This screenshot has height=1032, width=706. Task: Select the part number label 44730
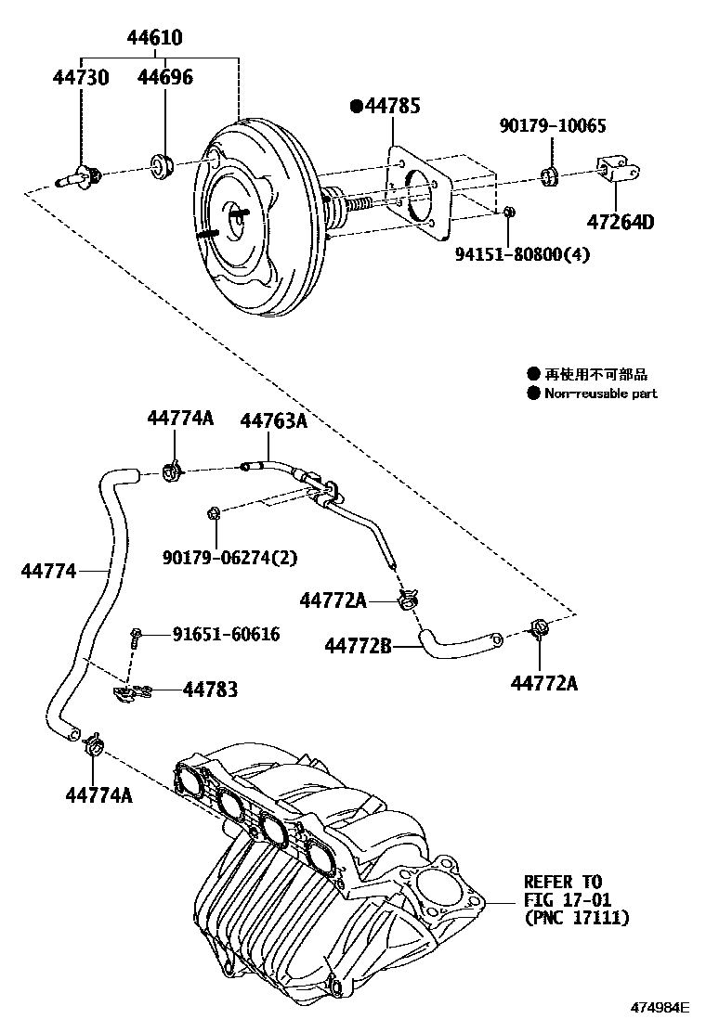80,77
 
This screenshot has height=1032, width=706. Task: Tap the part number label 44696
165,77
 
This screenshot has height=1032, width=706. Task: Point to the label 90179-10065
552,123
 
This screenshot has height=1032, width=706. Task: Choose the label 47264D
621,223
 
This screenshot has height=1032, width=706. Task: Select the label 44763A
273,420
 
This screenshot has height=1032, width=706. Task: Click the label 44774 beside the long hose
48,571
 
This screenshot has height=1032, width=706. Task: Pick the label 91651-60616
226,634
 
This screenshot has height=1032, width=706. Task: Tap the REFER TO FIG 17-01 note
576,899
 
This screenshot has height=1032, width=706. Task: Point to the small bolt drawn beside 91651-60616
137,636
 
